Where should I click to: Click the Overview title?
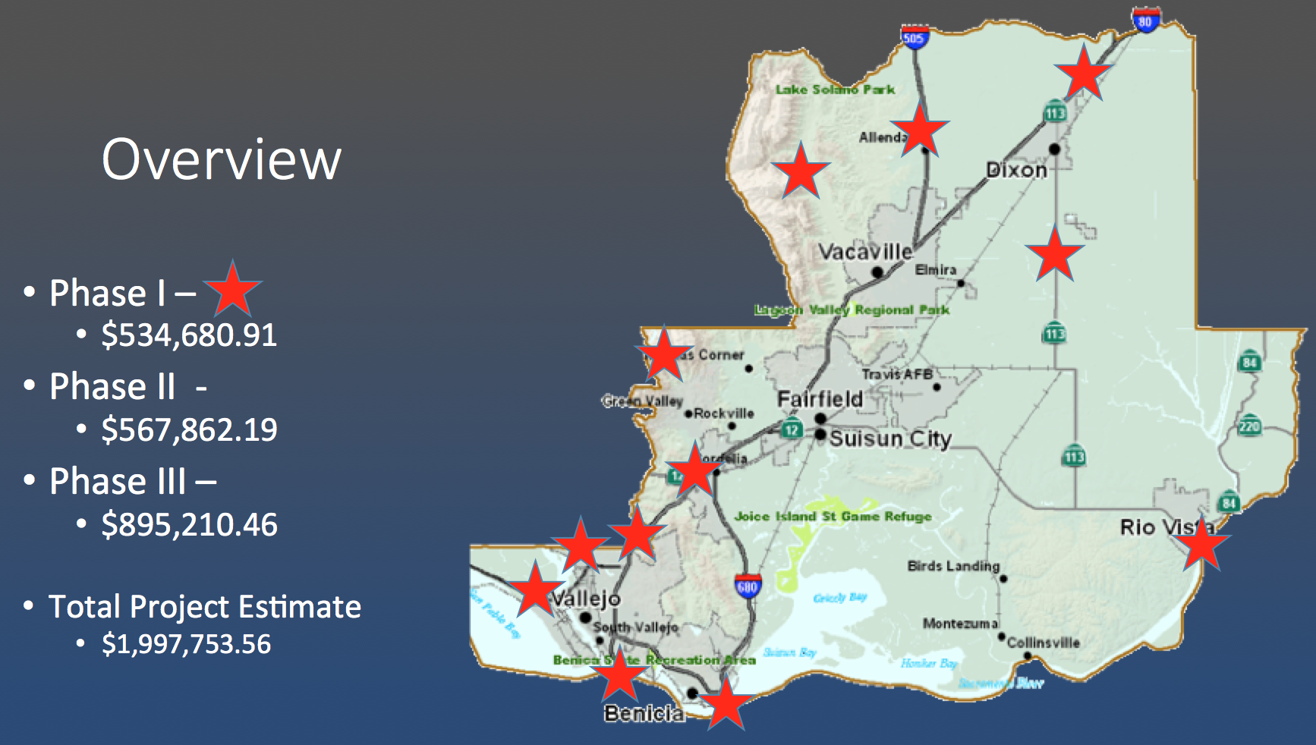[222, 159]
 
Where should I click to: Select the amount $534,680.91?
[189, 335]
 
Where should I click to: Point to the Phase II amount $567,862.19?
[189, 430]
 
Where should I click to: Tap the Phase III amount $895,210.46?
[189, 525]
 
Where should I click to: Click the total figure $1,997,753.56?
[186, 644]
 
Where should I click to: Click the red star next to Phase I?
[233, 290]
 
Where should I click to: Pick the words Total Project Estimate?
[205, 607]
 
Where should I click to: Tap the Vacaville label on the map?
[865, 252]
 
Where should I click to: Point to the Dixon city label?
[1016, 170]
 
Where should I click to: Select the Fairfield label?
[820, 399]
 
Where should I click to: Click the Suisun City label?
[890, 439]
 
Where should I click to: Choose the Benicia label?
[644, 713]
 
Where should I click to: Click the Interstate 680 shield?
[748, 586]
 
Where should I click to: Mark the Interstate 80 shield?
[1145, 20]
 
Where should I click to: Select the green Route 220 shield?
[1249, 426]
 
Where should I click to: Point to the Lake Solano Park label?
[835, 90]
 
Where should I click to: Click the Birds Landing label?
[953, 566]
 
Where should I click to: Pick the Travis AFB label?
[897, 374]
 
